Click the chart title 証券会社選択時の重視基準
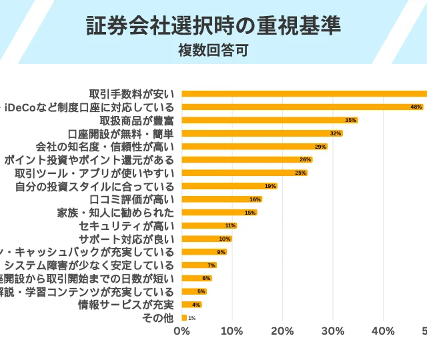213,25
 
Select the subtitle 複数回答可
213,50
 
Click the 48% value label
416,107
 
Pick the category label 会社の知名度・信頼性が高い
105,147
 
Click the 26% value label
306,159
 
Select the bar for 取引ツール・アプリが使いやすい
240,173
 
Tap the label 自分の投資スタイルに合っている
95,186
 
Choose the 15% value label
250,213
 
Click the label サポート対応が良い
127,239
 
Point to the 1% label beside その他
191,318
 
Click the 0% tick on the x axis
181,331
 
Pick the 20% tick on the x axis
283,331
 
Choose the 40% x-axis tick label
384,331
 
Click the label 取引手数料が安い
131,93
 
